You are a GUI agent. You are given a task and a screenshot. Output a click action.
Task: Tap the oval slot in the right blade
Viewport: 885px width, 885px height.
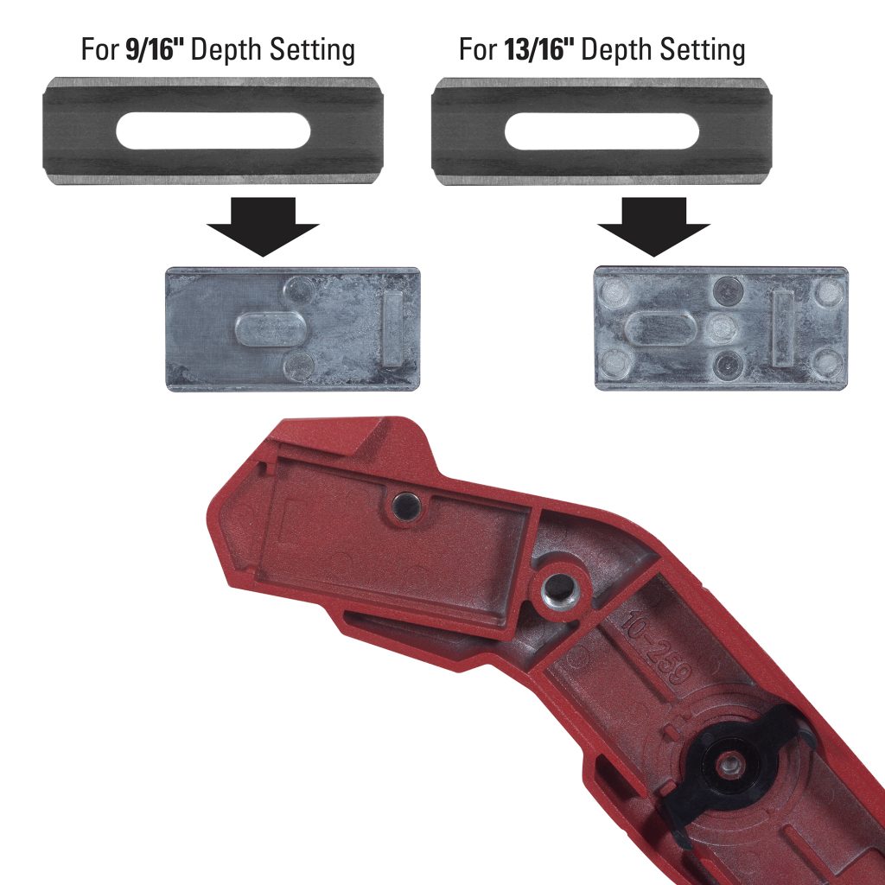coord(602,131)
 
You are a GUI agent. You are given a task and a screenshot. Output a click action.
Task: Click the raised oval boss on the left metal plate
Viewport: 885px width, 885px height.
coord(268,329)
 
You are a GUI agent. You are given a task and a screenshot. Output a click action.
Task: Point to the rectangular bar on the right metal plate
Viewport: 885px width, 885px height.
coord(784,328)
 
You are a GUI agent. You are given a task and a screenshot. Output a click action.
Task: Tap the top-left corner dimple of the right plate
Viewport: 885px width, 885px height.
coord(615,291)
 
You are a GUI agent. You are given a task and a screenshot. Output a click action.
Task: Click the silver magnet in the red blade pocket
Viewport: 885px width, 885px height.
coord(403,507)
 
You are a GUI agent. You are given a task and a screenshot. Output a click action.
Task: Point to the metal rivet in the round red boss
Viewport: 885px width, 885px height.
coord(558,592)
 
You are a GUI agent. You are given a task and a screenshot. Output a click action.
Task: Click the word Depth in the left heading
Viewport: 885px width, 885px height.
coord(225,49)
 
